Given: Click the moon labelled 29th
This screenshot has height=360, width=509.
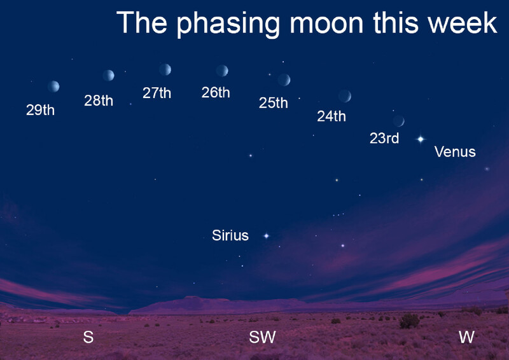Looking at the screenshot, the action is [x=53, y=87].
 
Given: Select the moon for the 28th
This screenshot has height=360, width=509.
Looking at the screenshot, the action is [x=108, y=75].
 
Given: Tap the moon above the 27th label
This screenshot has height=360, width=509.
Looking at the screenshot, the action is [x=165, y=69].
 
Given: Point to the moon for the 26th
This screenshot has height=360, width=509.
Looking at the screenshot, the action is [x=222, y=71].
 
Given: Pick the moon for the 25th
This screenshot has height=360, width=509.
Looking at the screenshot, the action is [x=284, y=80].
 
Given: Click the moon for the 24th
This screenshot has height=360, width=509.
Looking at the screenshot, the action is [x=345, y=96].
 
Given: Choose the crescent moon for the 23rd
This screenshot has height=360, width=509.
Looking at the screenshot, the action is [x=399, y=121].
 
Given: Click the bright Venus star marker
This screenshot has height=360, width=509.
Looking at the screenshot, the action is [x=421, y=139].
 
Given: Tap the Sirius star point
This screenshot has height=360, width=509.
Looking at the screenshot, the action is [x=266, y=236].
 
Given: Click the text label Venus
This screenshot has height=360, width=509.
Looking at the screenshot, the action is [x=455, y=152].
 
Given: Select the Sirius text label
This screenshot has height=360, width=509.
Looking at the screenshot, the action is [x=230, y=235].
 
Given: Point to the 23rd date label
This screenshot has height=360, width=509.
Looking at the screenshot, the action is [x=384, y=138].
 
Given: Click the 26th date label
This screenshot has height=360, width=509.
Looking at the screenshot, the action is [x=216, y=92].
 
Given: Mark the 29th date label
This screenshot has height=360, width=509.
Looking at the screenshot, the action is [x=40, y=110].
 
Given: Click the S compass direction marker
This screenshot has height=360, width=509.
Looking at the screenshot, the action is [x=88, y=337].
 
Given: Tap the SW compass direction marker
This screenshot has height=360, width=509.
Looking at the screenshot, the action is [x=262, y=337].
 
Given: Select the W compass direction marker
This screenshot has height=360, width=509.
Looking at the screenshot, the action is [x=467, y=337].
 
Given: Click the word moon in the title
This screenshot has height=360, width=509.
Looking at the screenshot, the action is [x=326, y=23].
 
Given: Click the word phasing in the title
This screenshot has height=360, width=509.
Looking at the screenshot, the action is [x=228, y=24].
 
